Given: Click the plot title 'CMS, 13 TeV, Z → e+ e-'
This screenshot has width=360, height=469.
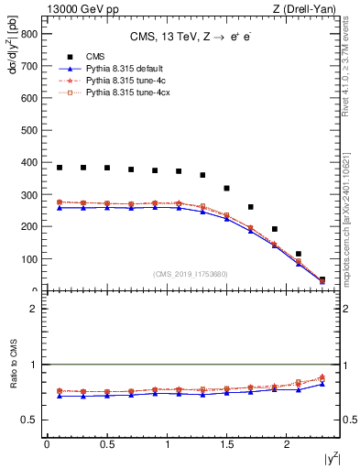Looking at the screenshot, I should (x=191, y=36).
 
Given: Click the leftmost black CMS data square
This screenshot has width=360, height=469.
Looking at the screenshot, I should (x=60, y=168).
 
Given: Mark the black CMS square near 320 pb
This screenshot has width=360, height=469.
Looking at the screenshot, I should (x=227, y=188).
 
